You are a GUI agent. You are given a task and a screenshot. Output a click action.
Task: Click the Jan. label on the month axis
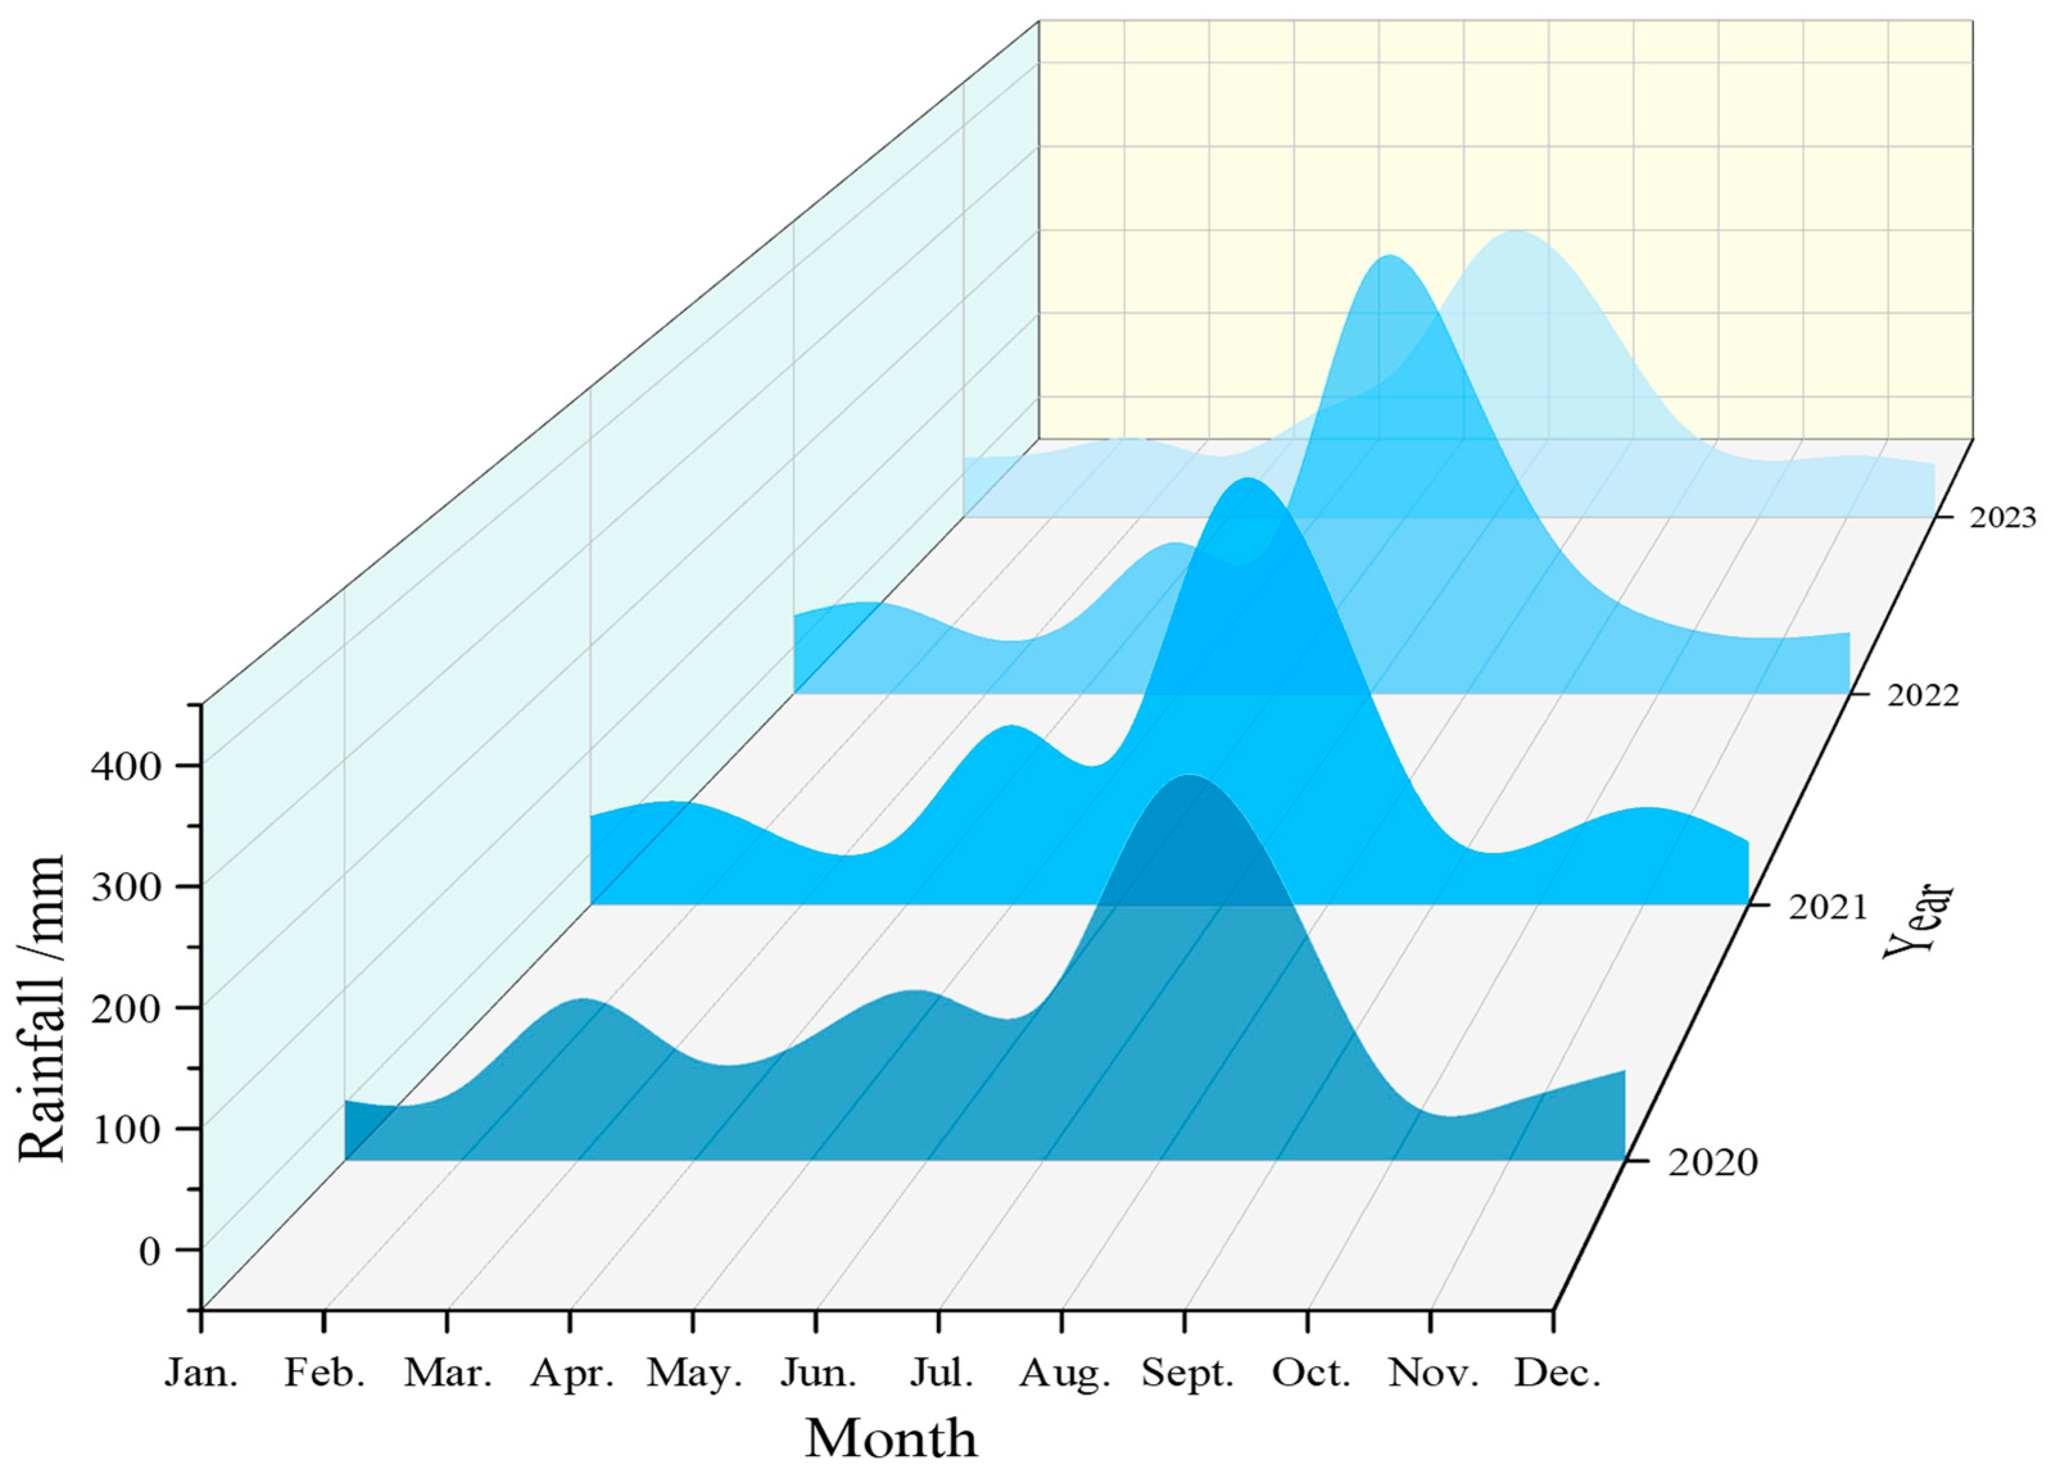[x=201, y=1373]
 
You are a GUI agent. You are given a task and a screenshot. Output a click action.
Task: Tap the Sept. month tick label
[x=1187, y=1373]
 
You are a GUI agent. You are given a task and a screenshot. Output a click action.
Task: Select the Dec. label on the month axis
[x=1556, y=1373]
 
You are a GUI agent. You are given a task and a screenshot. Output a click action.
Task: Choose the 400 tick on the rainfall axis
[x=125, y=766]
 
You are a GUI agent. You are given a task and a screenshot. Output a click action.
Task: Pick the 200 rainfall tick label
[x=125, y=1008]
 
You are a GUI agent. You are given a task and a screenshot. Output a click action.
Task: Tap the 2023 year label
[x=2002, y=518]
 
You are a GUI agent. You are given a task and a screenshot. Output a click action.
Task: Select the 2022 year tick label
[x=1923, y=696]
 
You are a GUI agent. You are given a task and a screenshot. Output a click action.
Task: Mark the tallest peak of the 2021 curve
[x=1250, y=479]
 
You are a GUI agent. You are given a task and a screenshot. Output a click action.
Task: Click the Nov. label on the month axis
[x=1433, y=1373]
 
